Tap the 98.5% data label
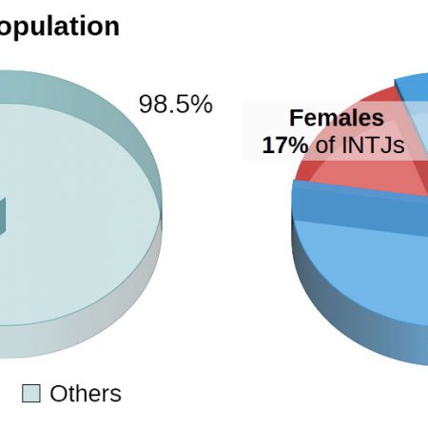coord(176,104)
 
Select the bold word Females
coord(337,118)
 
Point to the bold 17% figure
coord(285,146)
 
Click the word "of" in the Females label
coord(325,146)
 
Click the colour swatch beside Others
coord(31,394)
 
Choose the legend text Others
coord(86,394)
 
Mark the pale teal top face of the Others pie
coord(79,216)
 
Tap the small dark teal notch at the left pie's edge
coord(2,217)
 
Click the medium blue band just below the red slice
coord(359,206)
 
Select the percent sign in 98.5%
coord(201,104)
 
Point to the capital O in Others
coord(58,394)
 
